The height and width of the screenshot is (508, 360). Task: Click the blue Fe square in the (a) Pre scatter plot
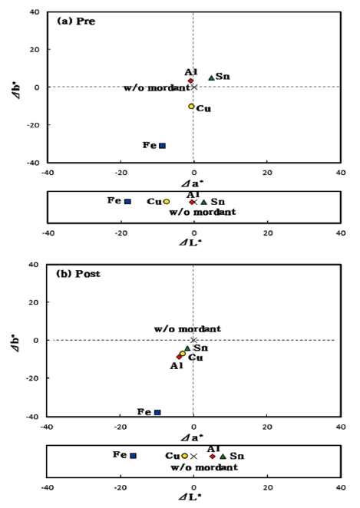coord(162,145)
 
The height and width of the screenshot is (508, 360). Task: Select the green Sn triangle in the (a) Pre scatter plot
coord(212,77)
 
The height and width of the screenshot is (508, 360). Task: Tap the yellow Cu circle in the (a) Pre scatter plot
coord(191,106)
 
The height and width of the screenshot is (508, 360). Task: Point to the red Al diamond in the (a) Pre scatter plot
coord(190,81)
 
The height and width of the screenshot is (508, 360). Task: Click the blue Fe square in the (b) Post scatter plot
coord(157,412)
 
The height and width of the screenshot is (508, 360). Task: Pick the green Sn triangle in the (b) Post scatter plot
coord(187,348)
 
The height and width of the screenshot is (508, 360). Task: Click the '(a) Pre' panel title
coord(76,21)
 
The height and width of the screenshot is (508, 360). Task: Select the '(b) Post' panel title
coord(78,274)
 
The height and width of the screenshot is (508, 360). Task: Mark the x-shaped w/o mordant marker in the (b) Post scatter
coord(193,340)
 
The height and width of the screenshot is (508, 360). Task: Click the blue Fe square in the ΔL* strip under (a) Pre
coord(127,201)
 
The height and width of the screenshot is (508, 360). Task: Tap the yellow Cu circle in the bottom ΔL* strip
coord(184,456)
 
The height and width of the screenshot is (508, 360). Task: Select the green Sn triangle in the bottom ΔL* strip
coord(223,456)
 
